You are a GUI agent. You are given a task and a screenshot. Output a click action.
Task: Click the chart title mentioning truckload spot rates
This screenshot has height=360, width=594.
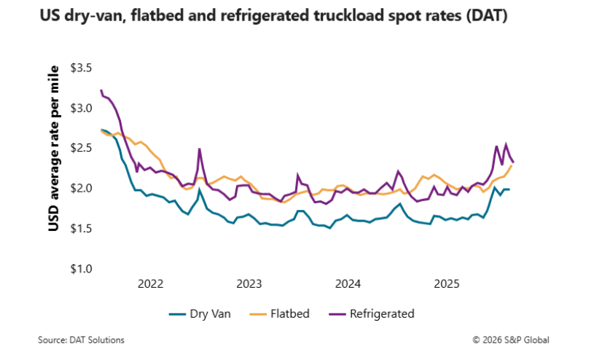click(x=273, y=16)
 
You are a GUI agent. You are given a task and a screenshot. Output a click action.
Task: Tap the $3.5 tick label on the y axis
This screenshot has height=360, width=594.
click(x=81, y=69)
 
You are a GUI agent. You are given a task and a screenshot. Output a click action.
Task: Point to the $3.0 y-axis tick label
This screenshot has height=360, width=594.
click(x=81, y=109)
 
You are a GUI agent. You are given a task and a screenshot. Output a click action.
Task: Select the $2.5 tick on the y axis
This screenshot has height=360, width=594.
click(x=81, y=149)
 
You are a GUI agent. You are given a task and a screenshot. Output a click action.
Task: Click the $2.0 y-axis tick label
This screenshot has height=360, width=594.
click(x=81, y=189)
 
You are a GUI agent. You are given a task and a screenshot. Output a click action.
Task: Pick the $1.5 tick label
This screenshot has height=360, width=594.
click(x=81, y=229)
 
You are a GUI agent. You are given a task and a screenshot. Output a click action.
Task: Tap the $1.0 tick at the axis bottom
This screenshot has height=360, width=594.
click(x=81, y=269)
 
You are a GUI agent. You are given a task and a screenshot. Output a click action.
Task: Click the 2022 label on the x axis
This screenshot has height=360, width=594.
click(x=150, y=283)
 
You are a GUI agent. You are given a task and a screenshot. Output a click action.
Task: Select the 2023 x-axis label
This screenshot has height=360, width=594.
click(x=249, y=283)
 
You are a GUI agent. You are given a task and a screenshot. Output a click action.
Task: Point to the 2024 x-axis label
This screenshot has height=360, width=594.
click(x=348, y=283)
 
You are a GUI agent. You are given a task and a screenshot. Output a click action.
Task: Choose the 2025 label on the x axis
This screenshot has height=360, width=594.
click(x=446, y=283)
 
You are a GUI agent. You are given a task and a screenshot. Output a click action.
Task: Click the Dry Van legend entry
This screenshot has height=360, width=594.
click(x=200, y=314)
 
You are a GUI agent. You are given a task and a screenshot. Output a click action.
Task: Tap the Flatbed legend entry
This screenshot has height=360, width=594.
click(x=280, y=314)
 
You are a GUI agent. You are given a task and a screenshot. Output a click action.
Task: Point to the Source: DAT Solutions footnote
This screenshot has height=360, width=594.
click(x=81, y=340)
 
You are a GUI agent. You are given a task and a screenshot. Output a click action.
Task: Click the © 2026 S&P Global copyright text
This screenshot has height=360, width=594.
click(x=510, y=340)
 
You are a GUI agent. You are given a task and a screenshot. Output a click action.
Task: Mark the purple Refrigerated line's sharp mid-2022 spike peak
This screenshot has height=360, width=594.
click(x=199, y=149)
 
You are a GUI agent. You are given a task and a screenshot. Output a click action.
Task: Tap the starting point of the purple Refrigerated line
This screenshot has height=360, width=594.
click(x=101, y=90)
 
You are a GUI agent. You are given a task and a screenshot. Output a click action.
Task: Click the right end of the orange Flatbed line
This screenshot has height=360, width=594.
click(x=512, y=165)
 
